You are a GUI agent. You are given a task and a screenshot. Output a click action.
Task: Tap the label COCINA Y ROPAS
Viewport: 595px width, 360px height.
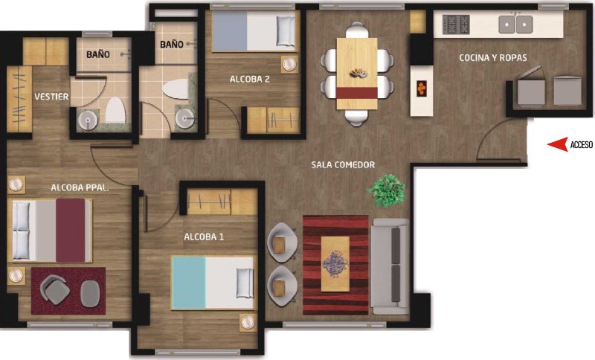493,58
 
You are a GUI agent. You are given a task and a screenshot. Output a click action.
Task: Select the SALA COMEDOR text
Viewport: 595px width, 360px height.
343,164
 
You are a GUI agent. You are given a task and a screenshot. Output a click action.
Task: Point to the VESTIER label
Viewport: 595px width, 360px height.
51,97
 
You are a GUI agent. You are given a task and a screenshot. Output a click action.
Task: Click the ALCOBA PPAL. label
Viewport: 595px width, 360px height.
80,187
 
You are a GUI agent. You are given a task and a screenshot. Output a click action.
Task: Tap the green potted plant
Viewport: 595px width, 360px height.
386,190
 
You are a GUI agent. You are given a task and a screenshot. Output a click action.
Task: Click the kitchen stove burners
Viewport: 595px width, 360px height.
456,25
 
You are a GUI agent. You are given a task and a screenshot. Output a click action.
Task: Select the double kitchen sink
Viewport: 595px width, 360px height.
515,24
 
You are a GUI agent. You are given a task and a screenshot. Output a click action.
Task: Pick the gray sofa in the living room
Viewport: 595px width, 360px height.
390,266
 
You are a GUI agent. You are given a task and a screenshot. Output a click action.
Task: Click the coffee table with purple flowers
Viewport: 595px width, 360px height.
335,264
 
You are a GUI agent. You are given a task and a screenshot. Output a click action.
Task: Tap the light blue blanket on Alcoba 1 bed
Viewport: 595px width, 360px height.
189,283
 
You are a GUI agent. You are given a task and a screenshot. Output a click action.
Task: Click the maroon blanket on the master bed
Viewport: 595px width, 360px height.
71,231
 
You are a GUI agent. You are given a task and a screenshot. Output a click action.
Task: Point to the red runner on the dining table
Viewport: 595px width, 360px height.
357,93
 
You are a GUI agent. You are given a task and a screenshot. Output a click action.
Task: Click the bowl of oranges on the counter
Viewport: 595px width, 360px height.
421,89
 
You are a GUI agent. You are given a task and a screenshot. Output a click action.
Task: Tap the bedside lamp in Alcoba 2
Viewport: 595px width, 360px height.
289,64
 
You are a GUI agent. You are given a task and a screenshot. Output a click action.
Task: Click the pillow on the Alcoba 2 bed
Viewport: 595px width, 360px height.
286,30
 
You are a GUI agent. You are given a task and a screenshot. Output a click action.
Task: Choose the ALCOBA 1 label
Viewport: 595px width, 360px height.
204,237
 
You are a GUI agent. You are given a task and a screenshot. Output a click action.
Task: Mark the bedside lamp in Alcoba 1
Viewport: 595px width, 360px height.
248,322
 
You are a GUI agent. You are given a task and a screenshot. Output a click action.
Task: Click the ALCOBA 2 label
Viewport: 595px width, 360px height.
250,79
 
